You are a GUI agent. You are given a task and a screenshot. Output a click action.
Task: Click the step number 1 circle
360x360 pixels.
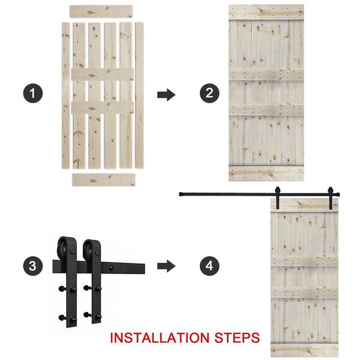point(33,93)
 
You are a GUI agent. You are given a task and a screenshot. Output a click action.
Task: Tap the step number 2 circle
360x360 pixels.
point(209,93)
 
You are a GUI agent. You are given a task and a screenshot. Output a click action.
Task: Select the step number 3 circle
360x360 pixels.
point(33,266)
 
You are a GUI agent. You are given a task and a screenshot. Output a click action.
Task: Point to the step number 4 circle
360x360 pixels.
point(209,266)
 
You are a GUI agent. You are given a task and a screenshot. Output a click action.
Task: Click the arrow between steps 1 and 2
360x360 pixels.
point(166,95)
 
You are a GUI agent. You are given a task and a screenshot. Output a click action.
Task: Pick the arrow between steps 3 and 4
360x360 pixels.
point(166,266)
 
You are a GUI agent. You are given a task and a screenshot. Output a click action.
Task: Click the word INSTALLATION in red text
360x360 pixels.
point(160,338)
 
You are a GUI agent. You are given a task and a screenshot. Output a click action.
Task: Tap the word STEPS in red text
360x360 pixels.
point(237,338)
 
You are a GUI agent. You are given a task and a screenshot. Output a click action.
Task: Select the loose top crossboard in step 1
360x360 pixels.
point(101,11)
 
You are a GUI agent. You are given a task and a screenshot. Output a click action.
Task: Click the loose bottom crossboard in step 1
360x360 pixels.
point(104,179)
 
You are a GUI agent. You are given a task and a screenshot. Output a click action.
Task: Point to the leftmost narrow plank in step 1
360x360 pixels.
point(65,95)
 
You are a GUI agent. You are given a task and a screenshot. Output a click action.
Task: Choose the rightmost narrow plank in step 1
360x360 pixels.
point(139,95)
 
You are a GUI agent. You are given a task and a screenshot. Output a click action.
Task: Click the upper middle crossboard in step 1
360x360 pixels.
point(103,74)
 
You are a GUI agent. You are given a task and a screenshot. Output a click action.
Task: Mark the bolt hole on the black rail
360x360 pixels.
point(111,267)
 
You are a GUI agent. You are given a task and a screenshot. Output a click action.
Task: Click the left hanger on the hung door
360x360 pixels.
point(278,197)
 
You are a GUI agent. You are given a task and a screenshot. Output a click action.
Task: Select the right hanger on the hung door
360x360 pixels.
point(331,198)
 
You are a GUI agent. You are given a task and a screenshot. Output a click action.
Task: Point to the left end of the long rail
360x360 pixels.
point(180,194)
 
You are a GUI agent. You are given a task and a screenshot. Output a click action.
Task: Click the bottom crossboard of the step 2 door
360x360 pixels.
point(266,173)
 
